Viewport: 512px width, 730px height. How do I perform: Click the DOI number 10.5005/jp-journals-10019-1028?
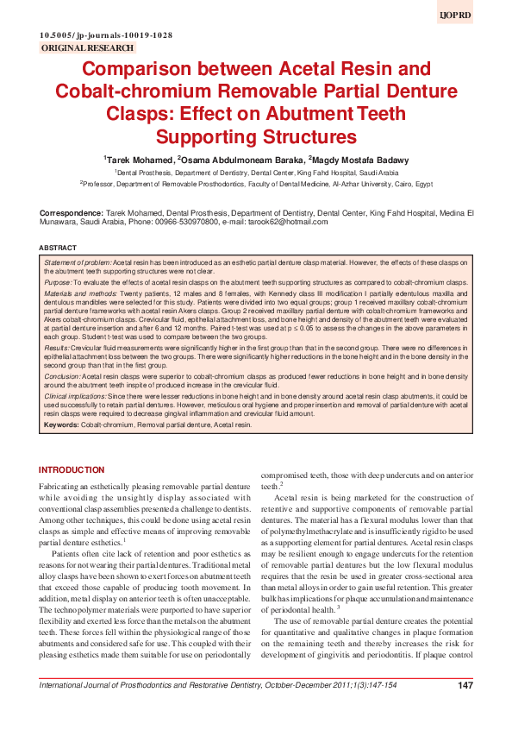106,35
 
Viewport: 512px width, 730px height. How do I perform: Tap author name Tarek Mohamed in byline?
138,160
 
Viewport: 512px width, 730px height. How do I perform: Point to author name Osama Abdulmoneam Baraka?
241,160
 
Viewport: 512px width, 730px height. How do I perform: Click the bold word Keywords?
60,425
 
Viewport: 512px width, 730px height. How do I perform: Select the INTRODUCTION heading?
72,469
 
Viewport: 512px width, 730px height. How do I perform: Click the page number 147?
465,709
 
